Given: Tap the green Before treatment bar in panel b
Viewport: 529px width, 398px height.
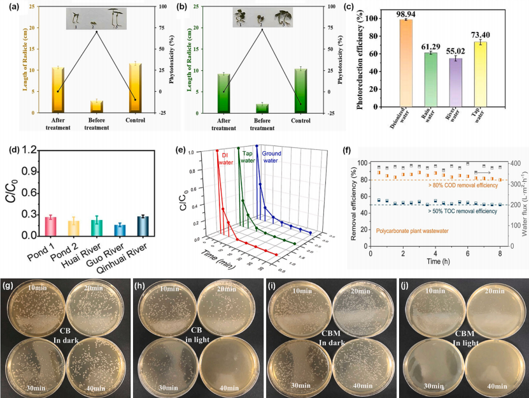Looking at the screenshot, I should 262,108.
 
